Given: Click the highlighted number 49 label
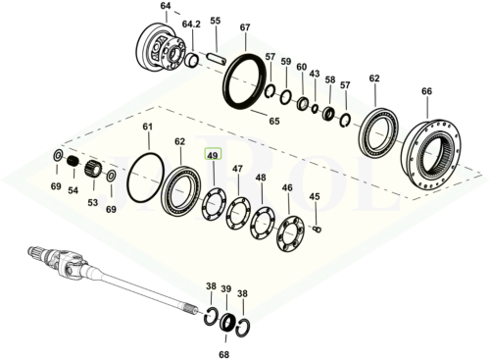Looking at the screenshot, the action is click(x=213, y=154).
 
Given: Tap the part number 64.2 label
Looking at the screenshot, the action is click(x=191, y=25).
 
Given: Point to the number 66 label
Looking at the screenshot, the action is click(x=426, y=91).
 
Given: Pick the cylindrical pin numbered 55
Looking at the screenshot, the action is click(x=216, y=59).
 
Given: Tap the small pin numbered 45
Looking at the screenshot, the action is click(x=317, y=229).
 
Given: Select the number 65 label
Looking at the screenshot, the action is click(x=274, y=122).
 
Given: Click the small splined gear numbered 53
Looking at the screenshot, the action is click(x=93, y=170).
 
